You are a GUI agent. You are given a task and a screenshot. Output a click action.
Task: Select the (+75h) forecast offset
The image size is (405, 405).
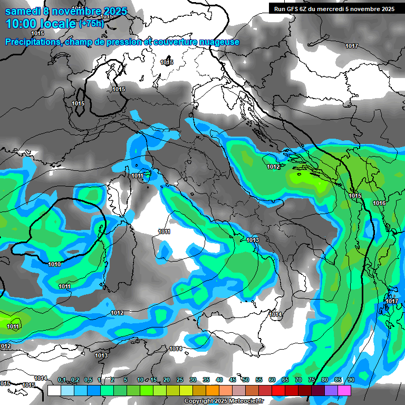point(92,24)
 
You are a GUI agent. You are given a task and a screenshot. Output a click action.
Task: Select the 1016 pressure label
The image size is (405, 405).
point(379,204)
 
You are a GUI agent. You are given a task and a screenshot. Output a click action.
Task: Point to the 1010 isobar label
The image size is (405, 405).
point(54,264)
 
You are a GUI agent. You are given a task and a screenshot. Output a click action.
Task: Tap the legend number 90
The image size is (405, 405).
point(351,380)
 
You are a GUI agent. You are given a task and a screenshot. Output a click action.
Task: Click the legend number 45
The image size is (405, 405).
point(233,380)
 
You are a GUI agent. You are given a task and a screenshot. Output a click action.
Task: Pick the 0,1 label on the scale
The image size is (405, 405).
point(62,380)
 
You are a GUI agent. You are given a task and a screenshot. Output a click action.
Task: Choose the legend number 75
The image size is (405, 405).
point(312,380)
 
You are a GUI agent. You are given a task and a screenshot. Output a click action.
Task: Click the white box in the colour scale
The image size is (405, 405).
point(54,391)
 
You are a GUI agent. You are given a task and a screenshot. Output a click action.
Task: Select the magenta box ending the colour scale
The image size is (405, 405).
point(344,391)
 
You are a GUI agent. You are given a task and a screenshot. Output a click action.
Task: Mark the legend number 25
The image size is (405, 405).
point(180,380)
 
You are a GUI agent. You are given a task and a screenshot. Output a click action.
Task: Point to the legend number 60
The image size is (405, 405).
point(272,380)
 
